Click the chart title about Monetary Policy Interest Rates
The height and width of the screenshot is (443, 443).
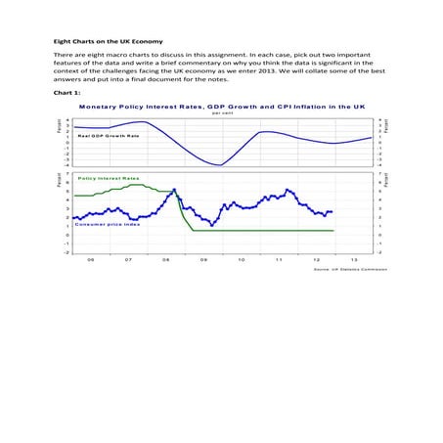(x=222, y=105)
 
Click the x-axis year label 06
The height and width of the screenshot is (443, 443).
(x=91, y=260)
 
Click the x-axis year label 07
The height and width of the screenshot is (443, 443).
(x=128, y=260)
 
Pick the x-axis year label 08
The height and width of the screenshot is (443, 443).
(x=166, y=260)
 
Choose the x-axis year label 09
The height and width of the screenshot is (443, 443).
(x=203, y=260)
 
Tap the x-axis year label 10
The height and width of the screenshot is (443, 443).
(x=241, y=260)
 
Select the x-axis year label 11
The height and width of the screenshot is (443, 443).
(x=279, y=260)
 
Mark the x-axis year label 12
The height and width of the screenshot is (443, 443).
(x=316, y=260)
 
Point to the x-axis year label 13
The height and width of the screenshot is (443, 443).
(x=353, y=260)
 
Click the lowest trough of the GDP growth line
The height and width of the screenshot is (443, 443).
(x=222, y=165)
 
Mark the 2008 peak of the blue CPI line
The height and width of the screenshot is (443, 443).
(x=174, y=190)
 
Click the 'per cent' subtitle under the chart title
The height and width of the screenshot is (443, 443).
(x=222, y=112)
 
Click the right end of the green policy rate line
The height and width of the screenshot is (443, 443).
(x=332, y=231)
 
